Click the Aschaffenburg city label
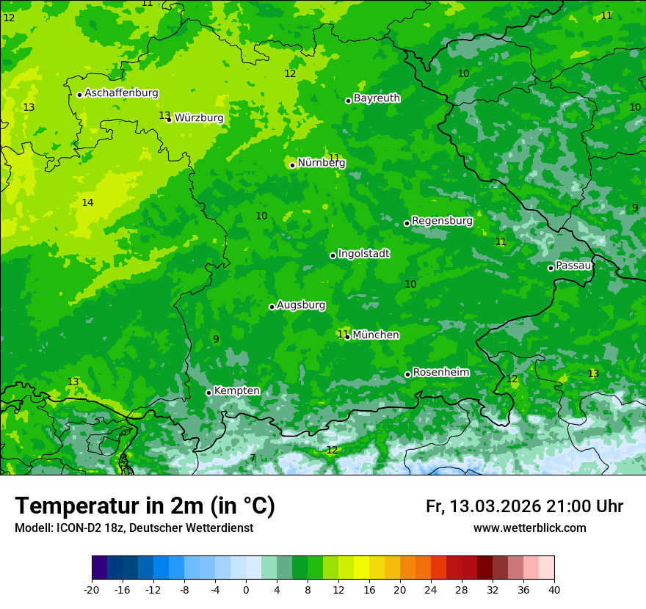(x=121, y=93)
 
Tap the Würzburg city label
(x=199, y=118)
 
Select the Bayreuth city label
(x=377, y=98)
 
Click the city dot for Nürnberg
(x=292, y=165)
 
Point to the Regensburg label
(x=442, y=221)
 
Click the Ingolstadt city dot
(x=333, y=255)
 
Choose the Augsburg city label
(x=301, y=305)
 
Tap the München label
(x=376, y=335)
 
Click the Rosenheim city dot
(x=407, y=375)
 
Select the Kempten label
(x=236, y=391)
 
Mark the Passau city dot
(x=551, y=268)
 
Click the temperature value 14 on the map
(x=87, y=203)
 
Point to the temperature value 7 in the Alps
(x=253, y=459)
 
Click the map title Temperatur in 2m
(x=145, y=506)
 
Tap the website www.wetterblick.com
(x=529, y=528)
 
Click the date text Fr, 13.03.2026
(x=483, y=506)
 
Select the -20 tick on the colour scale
(x=92, y=589)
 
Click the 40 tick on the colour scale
(x=554, y=589)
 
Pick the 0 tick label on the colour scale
(x=246, y=589)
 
